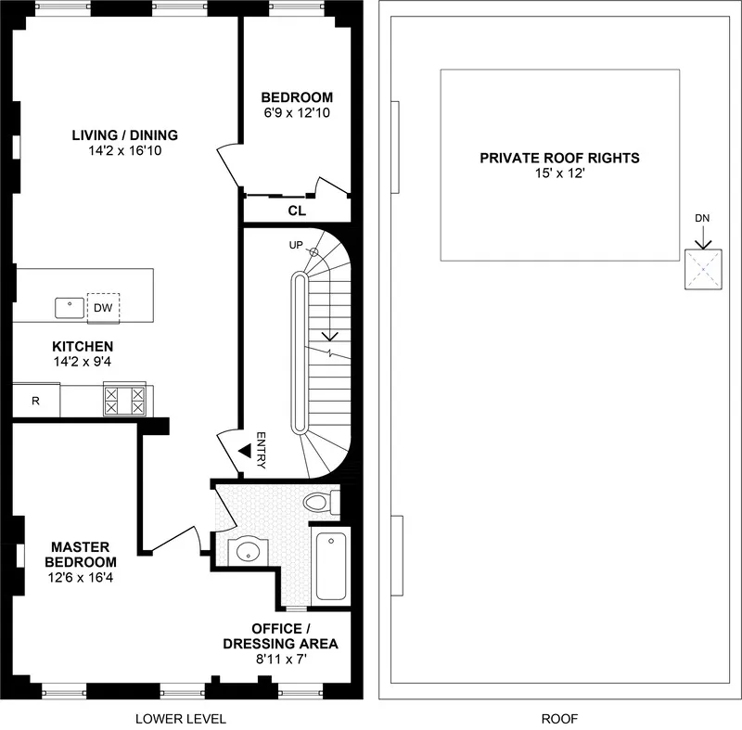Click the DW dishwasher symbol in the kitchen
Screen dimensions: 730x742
coord(103,307)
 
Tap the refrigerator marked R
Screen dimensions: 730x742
coord(35,402)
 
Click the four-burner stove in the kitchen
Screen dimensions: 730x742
coord(125,401)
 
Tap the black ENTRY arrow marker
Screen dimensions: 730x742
coord(244,451)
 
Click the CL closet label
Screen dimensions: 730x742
coord(296,211)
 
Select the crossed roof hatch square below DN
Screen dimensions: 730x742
coord(701,270)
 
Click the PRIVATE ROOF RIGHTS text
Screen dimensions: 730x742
coord(559,158)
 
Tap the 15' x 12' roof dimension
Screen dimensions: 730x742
coord(559,173)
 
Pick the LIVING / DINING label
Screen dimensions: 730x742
coord(124,134)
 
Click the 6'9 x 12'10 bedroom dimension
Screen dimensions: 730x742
coord(296,113)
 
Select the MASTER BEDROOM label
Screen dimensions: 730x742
coord(83,554)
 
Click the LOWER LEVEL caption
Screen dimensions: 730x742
coord(181,718)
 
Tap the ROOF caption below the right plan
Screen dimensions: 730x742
coord(559,718)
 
